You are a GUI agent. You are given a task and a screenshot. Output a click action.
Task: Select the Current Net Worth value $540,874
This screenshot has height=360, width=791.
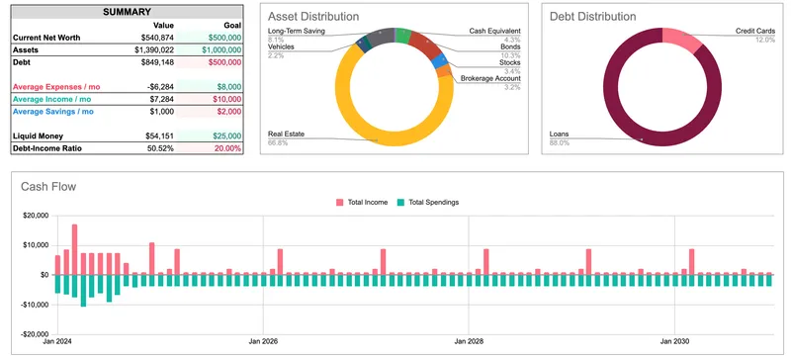[153, 38]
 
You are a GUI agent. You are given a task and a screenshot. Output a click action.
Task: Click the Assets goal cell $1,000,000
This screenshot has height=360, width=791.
[219, 49]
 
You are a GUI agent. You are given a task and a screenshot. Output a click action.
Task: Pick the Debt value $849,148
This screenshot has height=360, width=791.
[153, 61]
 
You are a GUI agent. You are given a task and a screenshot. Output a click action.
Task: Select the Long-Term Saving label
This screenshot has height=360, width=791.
[298, 32]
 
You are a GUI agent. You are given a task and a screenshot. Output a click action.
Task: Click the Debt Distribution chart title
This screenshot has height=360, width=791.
[591, 18]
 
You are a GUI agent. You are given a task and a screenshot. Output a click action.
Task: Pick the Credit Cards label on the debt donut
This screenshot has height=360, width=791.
[755, 32]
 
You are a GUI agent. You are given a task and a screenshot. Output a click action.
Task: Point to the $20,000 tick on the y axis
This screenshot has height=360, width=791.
[35, 216]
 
